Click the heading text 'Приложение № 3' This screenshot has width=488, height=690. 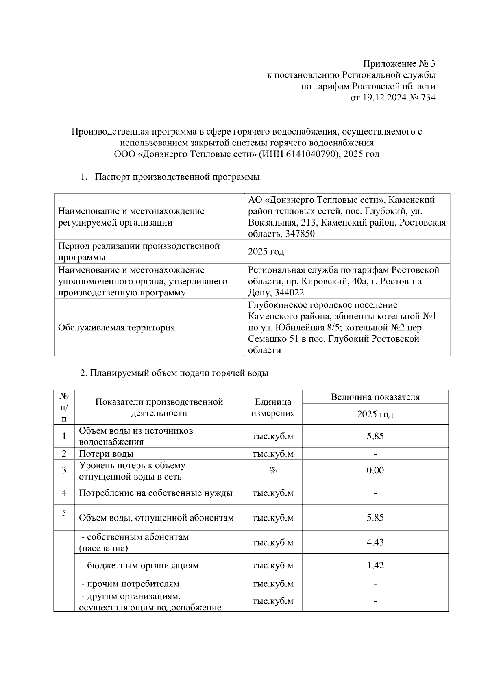click(399, 64)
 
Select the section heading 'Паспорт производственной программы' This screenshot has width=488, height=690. click(177, 177)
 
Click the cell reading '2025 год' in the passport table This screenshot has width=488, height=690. click(266, 252)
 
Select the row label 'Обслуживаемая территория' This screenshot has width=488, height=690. click(117, 328)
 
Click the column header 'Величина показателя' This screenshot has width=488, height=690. click(375, 397)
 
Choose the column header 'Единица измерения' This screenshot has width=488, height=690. click(273, 408)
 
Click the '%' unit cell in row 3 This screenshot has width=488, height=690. click(273, 471)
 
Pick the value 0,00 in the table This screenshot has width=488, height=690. click(375, 471)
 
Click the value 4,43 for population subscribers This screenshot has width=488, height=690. click(375, 542)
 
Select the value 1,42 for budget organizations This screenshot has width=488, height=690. click(375, 565)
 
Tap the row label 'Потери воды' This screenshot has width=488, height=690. click(106, 454)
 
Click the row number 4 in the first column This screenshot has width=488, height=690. click(64, 493)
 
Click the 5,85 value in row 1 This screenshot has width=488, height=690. click(375, 436)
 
